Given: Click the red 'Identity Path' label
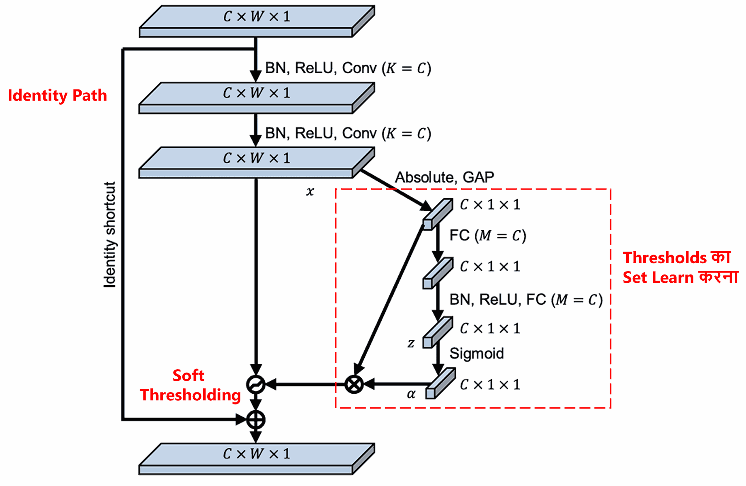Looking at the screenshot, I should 57,95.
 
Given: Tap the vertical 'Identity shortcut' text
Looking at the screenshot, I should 110,235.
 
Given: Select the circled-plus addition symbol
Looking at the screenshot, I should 256,420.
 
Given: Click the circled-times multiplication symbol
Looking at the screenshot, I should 354,384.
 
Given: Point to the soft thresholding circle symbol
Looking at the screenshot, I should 256,384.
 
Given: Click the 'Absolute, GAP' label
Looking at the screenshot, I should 444,177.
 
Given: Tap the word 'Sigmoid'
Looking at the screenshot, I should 477,354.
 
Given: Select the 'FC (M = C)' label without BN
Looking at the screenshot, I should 488,236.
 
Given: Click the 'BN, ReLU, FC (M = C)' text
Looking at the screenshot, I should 526,299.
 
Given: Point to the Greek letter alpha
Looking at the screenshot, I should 411,394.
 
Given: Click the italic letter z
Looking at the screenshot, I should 411,343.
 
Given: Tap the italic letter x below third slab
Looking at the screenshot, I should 310,191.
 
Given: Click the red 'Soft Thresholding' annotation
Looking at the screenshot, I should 190,385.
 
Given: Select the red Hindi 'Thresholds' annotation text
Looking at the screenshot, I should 680,267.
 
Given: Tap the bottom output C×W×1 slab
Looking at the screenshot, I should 257,459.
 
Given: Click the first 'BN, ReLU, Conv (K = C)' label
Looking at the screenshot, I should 348,68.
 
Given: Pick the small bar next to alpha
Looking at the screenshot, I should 440,383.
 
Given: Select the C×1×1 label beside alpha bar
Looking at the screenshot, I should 489,385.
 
